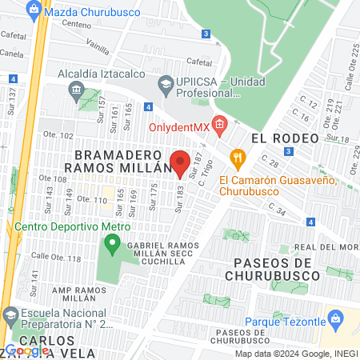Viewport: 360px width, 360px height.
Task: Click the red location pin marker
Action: coord(180,162)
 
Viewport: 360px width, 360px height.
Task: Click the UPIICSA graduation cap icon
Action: coord(165,82)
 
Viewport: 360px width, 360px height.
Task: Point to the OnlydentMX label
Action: coord(180,126)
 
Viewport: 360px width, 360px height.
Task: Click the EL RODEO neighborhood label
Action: coord(279,138)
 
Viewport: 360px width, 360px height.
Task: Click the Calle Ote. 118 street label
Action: coord(55,258)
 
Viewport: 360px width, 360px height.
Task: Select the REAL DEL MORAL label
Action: coord(324,248)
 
